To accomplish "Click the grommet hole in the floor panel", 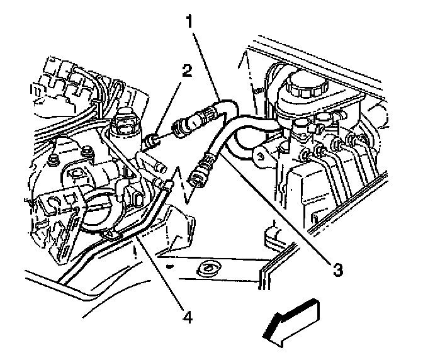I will click(x=206, y=271).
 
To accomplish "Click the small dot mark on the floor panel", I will click(x=169, y=266).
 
